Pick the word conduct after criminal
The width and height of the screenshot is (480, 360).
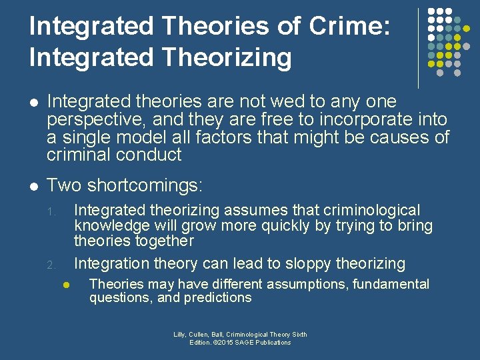click(x=153, y=155)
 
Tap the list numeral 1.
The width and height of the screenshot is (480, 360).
click(x=50, y=213)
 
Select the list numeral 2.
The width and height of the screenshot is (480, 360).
click(x=51, y=265)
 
